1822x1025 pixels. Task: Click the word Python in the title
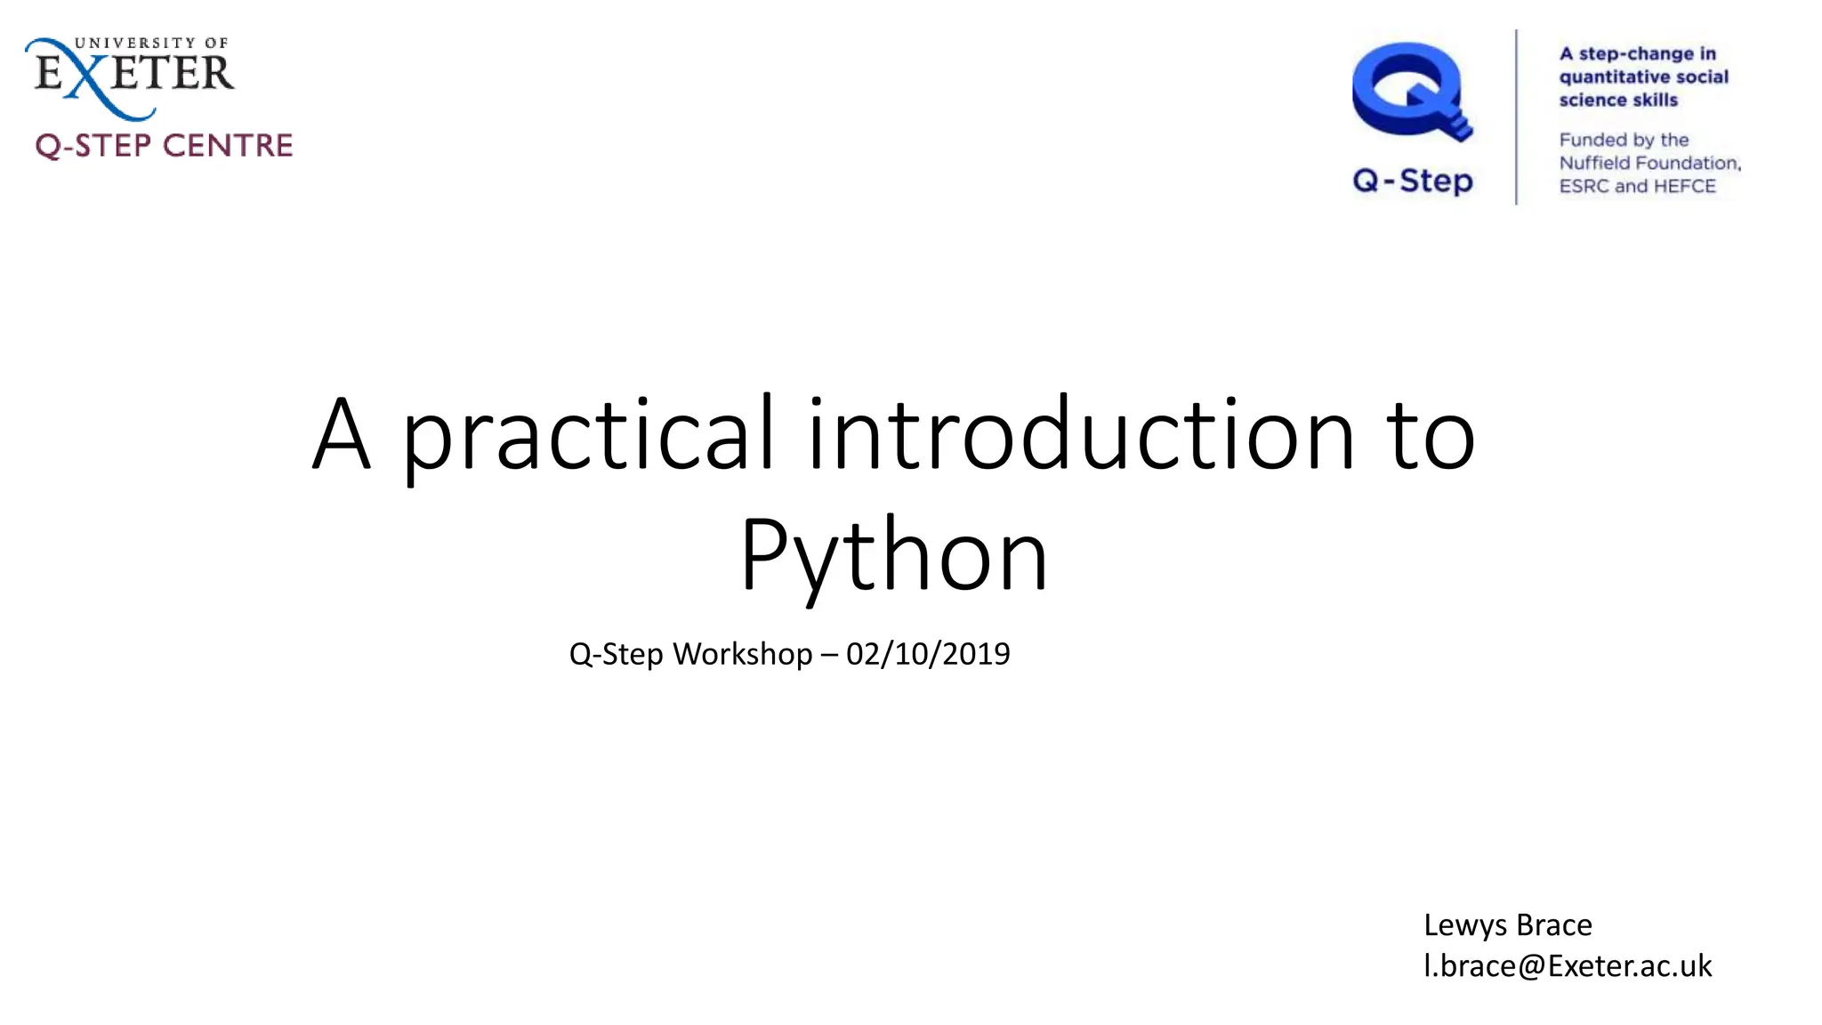click(x=893, y=556)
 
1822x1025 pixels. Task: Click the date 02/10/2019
click(x=928, y=654)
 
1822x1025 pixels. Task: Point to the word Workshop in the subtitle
click(x=742, y=654)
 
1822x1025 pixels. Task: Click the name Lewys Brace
click(x=1507, y=924)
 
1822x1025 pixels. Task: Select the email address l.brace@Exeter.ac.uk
click(x=1567, y=965)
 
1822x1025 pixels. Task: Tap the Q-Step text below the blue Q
click(x=1413, y=181)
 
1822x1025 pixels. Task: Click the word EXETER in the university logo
click(x=133, y=73)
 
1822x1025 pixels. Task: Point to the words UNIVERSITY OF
click(x=151, y=43)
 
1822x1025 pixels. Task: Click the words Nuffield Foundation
click(x=1649, y=163)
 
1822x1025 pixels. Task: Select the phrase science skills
click(x=1617, y=100)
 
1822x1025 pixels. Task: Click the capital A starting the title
click(x=341, y=436)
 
